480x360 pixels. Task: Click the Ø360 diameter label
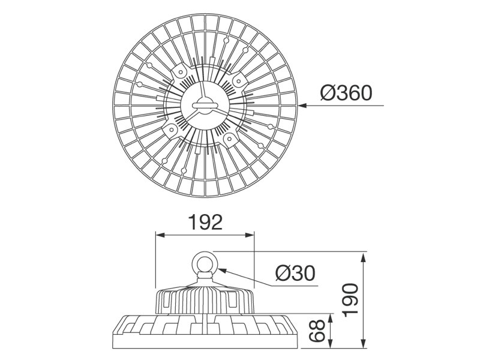click(346, 93)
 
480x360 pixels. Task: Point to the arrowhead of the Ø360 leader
click(302, 106)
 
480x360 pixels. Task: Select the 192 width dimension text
click(205, 222)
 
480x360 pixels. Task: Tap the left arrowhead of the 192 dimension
click(160, 235)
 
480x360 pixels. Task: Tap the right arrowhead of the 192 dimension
click(250, 235)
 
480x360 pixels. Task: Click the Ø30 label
click(295, 273)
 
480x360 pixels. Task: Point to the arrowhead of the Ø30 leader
click(221, 271)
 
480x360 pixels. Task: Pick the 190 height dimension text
click(350, 300)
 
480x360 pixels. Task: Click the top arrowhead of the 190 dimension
click(364, 257)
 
